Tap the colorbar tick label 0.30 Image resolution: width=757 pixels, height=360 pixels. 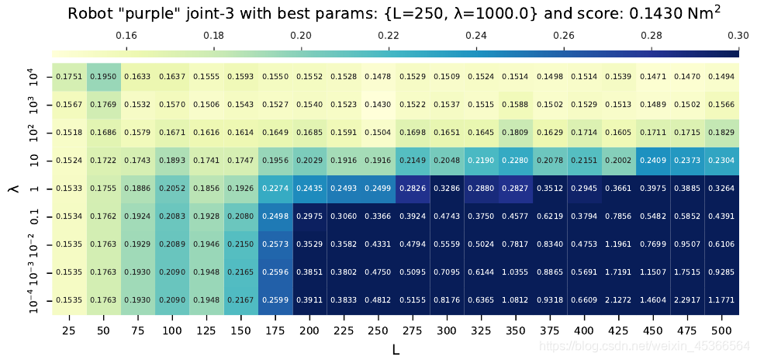point(738,35)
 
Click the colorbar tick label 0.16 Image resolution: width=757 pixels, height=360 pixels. point(126,35)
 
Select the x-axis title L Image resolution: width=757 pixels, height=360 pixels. point(395,349)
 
